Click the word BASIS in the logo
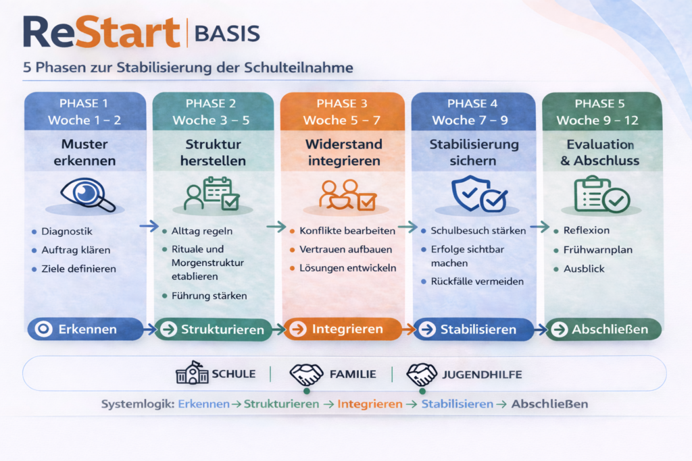pos(226,32)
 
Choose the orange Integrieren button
pos(343,329)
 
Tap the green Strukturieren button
pos(213,329)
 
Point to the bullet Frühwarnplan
pos(597,250)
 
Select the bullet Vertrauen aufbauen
pos(345,249)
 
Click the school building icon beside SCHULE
pos(192,374)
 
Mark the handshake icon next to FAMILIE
pos(306,374)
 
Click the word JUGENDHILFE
pos(480,374)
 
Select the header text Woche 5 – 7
pos(343,120)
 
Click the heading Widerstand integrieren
pos(343,153)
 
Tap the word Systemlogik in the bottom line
pos(137,404)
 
